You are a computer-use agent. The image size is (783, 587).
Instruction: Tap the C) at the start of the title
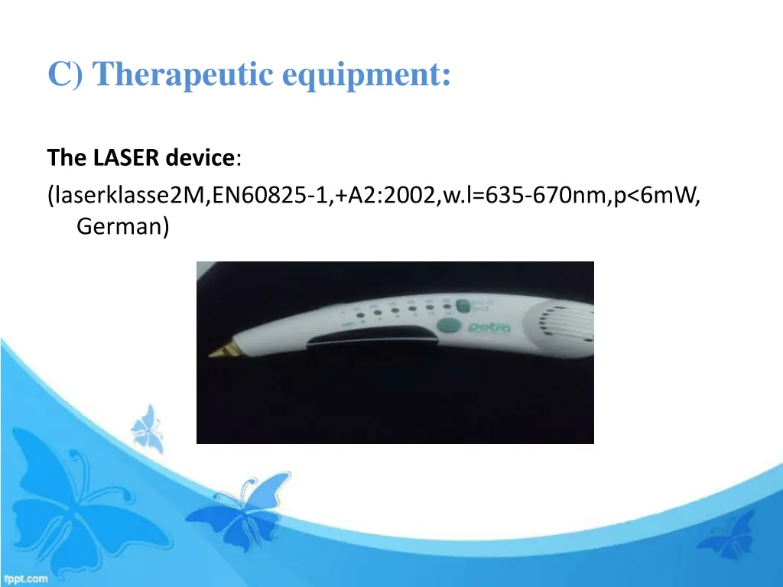(68, 75)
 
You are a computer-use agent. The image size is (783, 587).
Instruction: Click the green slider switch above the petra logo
(461, 306)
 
